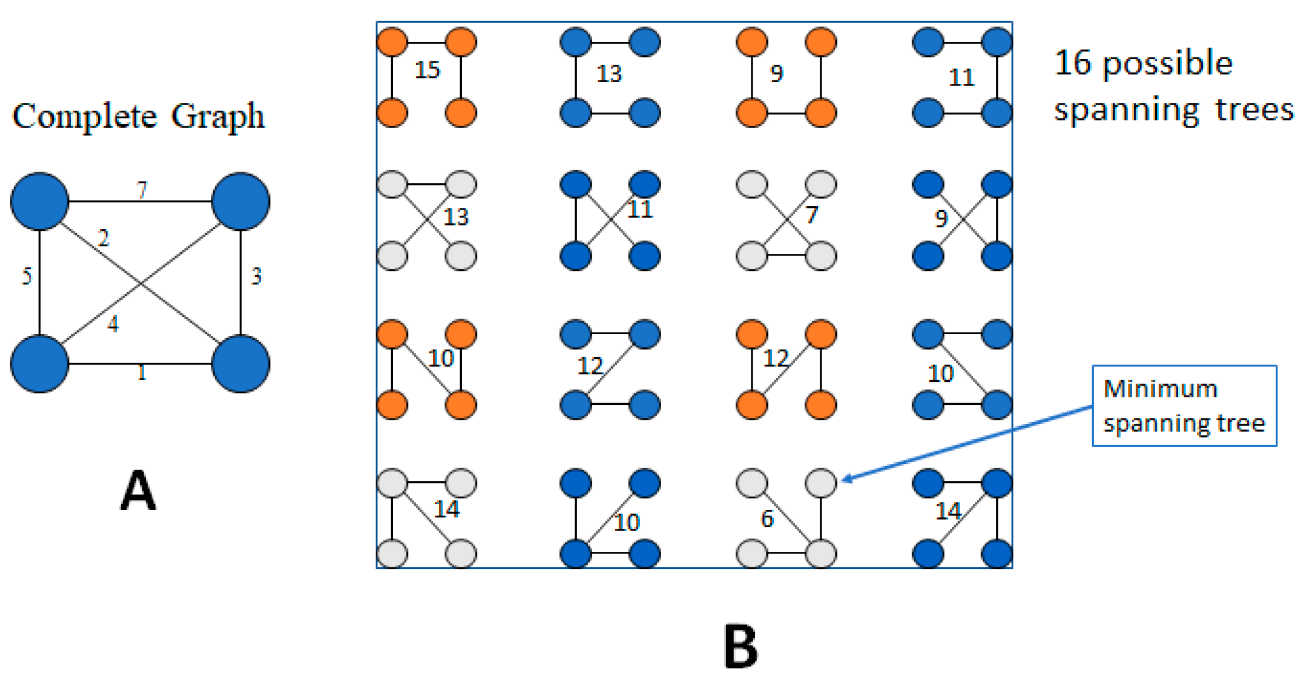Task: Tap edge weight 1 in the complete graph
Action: [142, 373]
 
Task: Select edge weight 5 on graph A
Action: [26, 276]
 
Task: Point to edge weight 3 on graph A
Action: [256, 276]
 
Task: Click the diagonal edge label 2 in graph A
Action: [103, 238]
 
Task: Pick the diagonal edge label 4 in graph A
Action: [113, 324]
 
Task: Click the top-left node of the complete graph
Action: [40, 202]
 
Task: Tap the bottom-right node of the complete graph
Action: [241, 364]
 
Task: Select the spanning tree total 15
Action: [427, 70]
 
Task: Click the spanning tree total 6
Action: [767, 519]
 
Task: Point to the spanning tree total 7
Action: [811, 215]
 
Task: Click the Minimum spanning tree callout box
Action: [1184, 406]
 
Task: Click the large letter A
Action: [138, 490]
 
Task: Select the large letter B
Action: [740, 647]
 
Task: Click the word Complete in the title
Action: [84, 117]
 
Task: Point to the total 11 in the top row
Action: [962, 78]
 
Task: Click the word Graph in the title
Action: [218, 117]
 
